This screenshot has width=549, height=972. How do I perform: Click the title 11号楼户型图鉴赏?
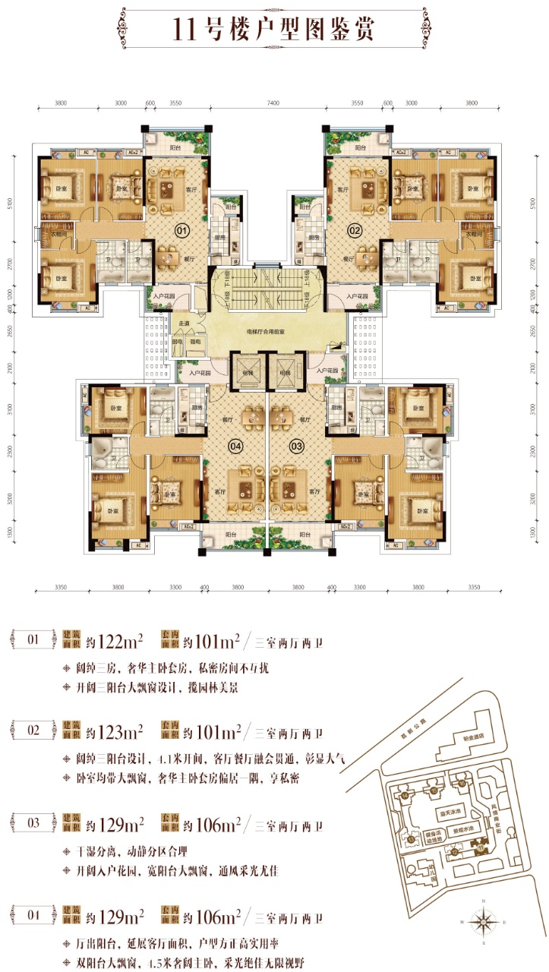coord(274,30)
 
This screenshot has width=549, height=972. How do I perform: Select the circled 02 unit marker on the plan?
coord(352,230)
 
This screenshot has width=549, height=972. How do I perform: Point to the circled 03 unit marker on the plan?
coord(296,446)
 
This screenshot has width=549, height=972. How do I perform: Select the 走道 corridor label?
coord(182,323)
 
